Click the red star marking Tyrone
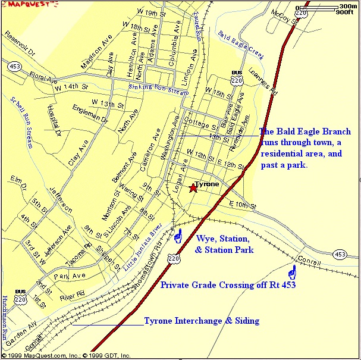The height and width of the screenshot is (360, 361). (x=193, y=189)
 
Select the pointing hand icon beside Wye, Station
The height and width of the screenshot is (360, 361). (x=177, y=237)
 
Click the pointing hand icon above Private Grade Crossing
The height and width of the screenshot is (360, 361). (x=292, y=273)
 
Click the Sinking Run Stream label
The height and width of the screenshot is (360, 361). (x=159, y=90)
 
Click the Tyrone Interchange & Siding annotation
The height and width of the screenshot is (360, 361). (x=202, y=321)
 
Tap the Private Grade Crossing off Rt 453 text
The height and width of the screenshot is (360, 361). (x=228, y=286)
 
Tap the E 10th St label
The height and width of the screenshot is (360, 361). (x=242, y=206)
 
